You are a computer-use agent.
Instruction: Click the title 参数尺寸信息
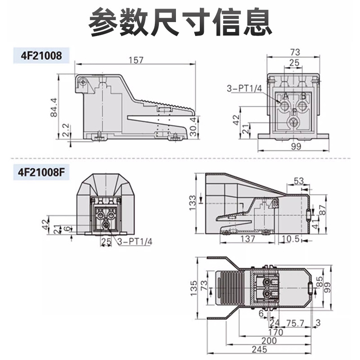(x=180, y=22)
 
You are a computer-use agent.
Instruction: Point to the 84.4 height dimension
(x=54, y=107)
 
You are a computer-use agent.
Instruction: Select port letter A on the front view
(x=285, y=96)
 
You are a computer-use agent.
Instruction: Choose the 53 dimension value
(x=298, y=181)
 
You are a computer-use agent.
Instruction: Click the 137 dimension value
(x=248, y=238)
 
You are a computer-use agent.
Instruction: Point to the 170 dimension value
(x=277, y=333)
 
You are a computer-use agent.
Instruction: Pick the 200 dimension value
(x=270, y=342)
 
